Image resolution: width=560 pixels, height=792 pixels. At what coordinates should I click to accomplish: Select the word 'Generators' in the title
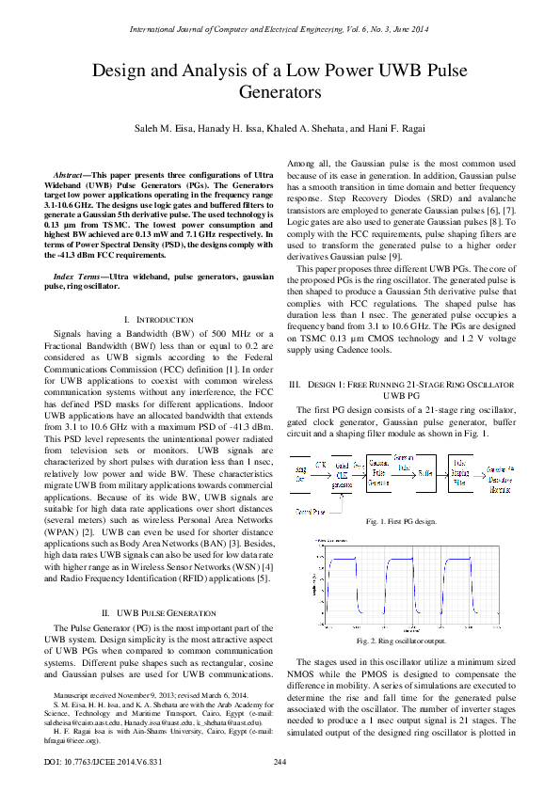click(x=280, y=93)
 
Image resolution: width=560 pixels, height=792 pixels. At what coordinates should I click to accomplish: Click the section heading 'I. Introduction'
click(x=154, y=322)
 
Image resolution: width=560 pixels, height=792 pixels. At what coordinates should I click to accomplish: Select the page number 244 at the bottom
click(x=280, y=761)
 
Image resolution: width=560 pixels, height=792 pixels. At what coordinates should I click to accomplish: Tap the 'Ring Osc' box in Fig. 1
click(x=301, y=467)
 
